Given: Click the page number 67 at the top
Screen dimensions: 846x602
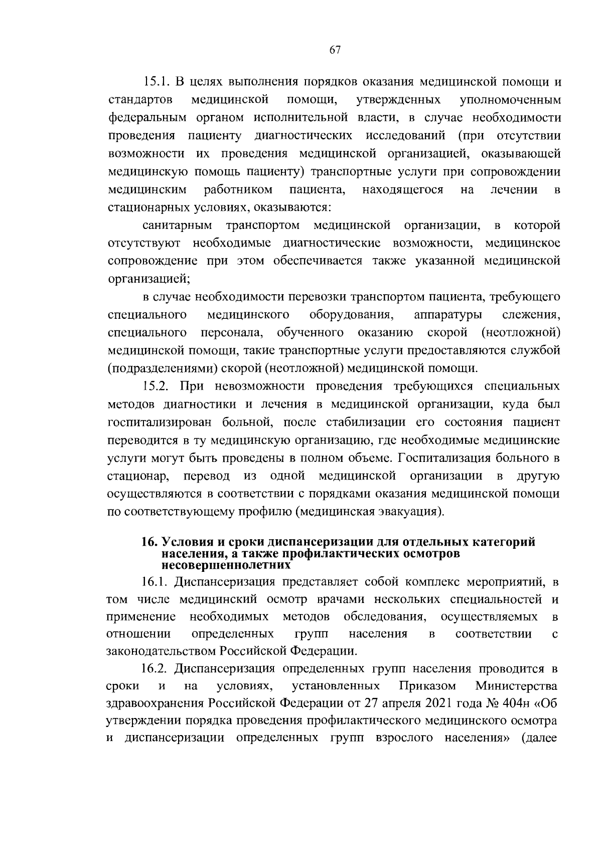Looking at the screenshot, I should [335, 50].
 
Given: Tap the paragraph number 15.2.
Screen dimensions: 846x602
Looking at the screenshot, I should [158, 387].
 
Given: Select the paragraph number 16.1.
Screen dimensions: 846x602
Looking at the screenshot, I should [157, 582].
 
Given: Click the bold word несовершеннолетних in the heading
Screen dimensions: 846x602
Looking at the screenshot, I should [226, 564].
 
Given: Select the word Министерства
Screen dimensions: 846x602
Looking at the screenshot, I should [516, 686].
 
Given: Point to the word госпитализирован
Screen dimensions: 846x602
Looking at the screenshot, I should [160, 422].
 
